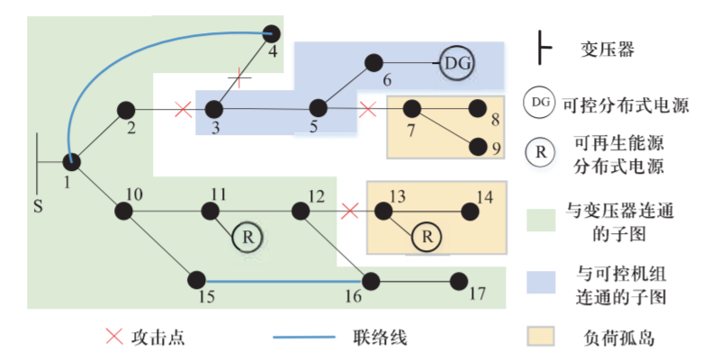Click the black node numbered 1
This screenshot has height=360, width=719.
tap(72, 161)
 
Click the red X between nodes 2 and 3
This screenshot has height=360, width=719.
tap(183, 110)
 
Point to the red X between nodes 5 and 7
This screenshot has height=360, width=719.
tap(367, 110)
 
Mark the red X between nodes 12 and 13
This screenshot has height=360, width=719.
tap(350, 211)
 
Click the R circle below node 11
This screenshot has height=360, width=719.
tap(245, 237)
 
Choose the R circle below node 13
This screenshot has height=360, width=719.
tap(427, 237)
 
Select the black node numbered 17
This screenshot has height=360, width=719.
tap(459, 279)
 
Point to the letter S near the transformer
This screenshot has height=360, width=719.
tap(38, 206)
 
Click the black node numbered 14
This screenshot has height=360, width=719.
tap(470, 211)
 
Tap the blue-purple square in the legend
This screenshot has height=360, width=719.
tap(540, 281)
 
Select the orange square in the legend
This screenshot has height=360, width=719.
tap(540, 337)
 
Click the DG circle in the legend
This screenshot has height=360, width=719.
tap(540, 103)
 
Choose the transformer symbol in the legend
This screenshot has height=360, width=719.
tap(543, 49)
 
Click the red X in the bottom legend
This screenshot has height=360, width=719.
tap(114, 337)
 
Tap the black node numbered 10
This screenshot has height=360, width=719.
tap(123, 211)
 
